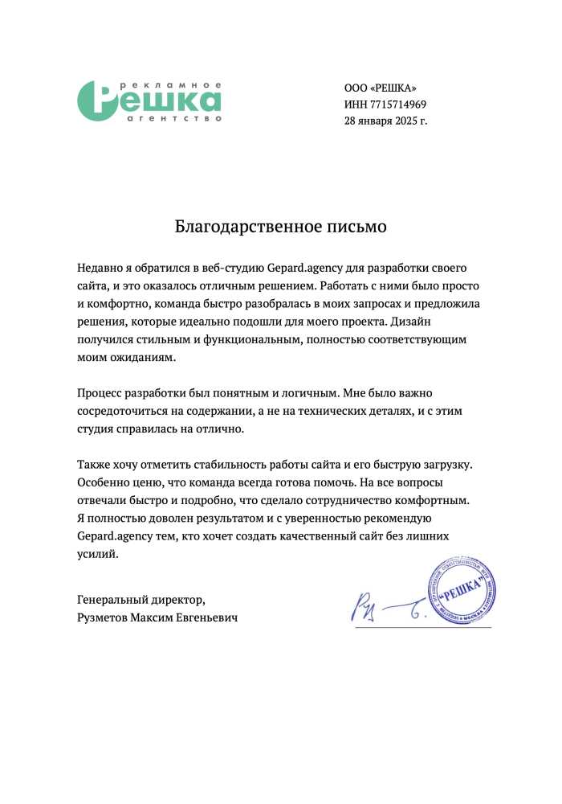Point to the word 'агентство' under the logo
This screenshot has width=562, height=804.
174,118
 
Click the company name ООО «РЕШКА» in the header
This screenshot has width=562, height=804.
381,88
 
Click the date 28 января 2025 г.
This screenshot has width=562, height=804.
385,121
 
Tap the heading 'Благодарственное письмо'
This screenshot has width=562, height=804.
281,227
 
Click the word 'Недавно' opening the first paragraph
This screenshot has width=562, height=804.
100,266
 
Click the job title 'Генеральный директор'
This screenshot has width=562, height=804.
140,600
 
